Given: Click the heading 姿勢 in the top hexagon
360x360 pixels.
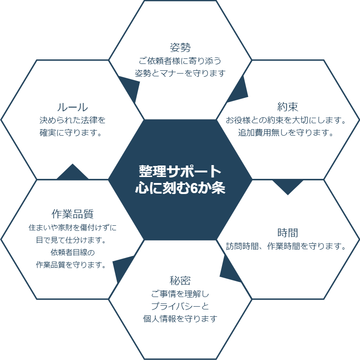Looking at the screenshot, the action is tap(180, 47).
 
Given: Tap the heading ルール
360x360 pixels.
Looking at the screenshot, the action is tap(73, 107).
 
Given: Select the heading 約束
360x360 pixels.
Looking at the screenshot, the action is tap(288, 107).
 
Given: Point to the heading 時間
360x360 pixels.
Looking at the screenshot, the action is tap(288, 233).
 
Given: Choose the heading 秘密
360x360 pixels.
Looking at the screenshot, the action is tap(180, 280).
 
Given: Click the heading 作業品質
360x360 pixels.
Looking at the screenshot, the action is tap(73, 214).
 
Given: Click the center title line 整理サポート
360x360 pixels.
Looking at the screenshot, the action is tap(180, 171).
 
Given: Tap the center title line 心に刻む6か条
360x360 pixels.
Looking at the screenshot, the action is tap(180, 188).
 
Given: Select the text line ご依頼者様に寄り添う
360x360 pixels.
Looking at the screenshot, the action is tap(180, 61).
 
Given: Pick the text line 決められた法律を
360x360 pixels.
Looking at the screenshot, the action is tap(73, 120).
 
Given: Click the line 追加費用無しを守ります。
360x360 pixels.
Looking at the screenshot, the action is tap(286, 132).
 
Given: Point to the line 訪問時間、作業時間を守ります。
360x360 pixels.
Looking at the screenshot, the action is tap(286, 246).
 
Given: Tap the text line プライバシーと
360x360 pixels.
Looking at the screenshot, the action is tap(180, 306).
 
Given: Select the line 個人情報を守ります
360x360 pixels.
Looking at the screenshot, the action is tap(180, 319).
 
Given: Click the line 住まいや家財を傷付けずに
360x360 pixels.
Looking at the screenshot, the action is tap(73, 228).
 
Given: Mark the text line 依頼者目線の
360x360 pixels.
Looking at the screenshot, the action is tap(73, 252).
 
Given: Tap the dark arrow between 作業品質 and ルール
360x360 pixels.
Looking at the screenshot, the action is tap(73, 172).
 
